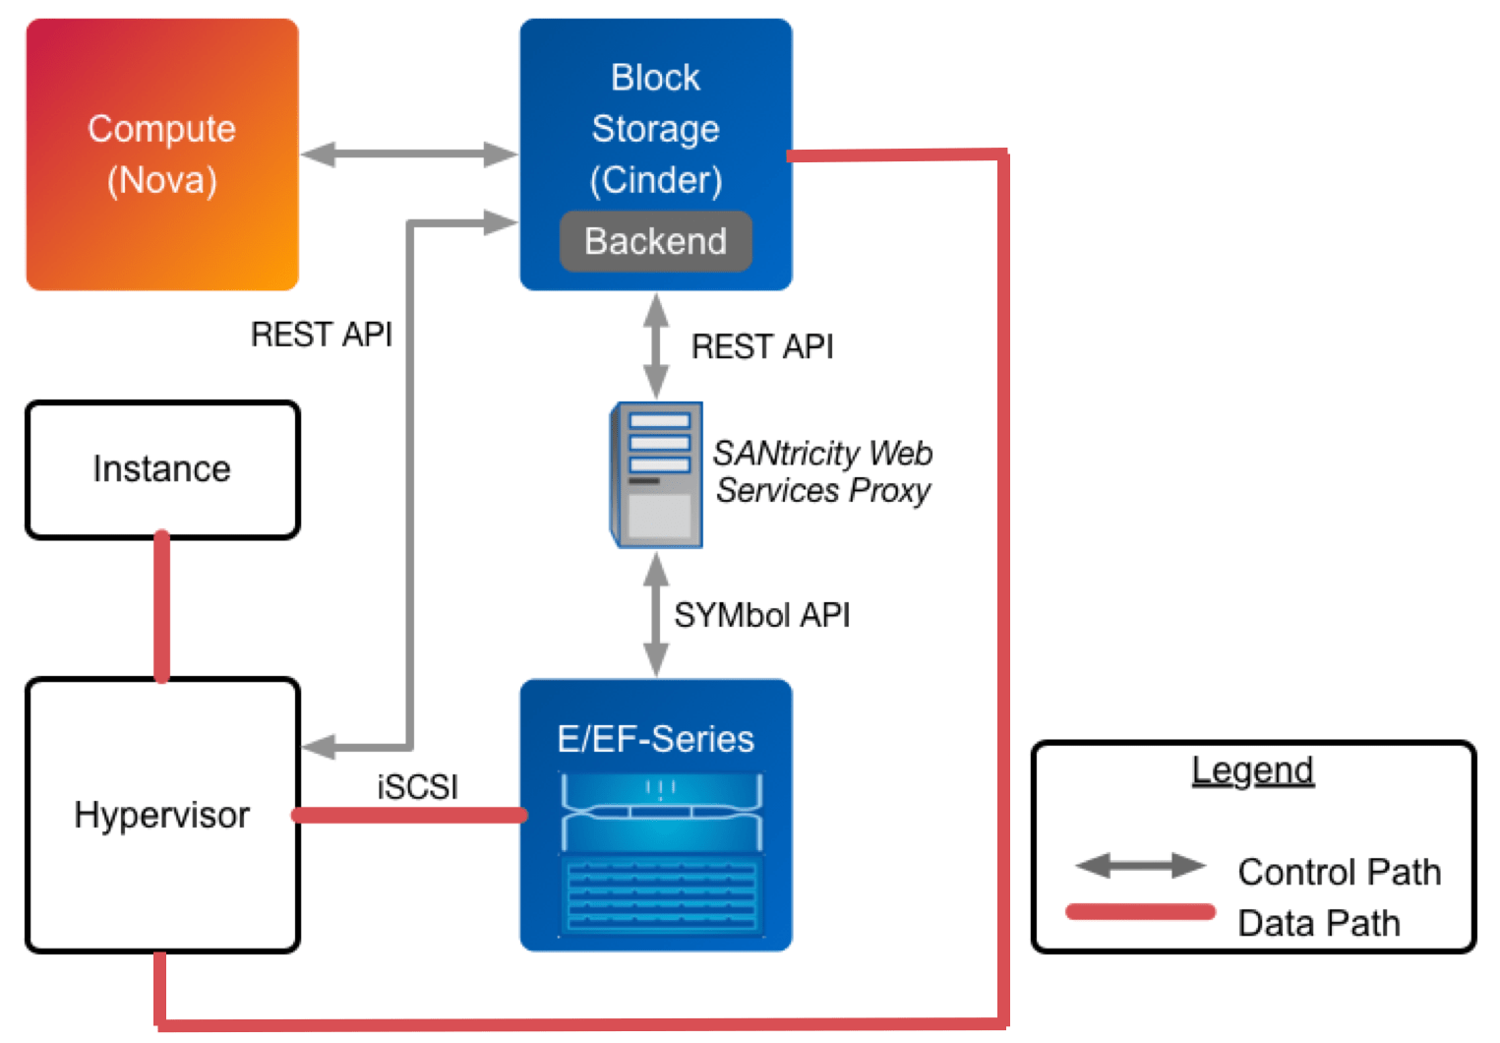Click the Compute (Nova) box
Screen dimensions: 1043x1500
tap(162, 154)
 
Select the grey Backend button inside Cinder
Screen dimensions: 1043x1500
tap(655, 241)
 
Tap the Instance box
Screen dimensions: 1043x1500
tap(162, 469)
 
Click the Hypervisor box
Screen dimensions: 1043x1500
tap(162, 815)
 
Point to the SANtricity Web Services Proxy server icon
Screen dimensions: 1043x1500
tap(657, 474)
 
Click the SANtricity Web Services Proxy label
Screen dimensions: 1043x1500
tap(822, 471)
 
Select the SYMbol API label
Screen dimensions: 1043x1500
tap(761, 615)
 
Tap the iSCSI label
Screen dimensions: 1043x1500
tap(417, 786)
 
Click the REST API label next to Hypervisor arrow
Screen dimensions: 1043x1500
tap(321, 335)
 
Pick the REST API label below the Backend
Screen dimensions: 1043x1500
tap(761, 346)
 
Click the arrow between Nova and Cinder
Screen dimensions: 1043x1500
tap(409, 154)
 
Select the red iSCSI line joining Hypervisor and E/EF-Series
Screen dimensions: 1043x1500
tap(409, 815)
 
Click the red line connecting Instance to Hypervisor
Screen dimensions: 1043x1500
tap(162, 608)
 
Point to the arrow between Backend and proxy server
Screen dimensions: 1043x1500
tap(656, 346)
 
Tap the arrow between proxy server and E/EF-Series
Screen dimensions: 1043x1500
tap(656, 615)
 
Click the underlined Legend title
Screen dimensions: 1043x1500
tap(1252, 770)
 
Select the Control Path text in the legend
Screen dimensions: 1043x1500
tap(1339, 872)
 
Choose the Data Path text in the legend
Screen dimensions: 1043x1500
tap(1318, 923)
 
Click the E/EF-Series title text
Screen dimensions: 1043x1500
tap(655, 739)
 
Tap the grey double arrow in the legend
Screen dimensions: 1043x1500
tap(1140, 866)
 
